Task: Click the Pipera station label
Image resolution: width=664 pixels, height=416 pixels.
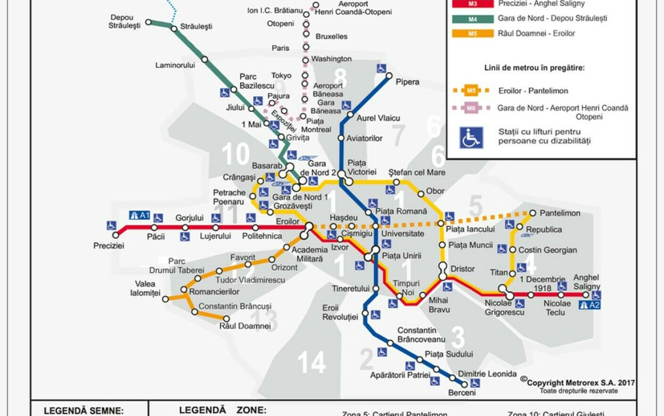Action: point(407,82)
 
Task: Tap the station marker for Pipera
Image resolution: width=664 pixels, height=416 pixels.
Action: point(389,75)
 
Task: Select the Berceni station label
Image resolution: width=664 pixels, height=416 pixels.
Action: point(462,392)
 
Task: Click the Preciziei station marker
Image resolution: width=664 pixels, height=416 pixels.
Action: point(116,235)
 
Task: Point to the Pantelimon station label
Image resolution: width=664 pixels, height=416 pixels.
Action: point(560,213)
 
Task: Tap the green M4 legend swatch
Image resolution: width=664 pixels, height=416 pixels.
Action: point(473,19)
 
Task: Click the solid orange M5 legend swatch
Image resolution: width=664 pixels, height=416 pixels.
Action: point(473,33)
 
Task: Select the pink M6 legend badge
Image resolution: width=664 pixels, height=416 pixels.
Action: point(471,108)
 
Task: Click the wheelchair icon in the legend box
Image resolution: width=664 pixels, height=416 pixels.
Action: point(471,137)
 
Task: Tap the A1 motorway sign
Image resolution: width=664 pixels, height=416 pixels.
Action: point(140,216)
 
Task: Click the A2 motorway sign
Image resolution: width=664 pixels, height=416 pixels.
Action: point(589,305)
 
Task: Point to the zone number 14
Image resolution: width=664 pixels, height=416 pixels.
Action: point(311,362)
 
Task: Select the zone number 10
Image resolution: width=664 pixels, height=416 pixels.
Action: point(235,154)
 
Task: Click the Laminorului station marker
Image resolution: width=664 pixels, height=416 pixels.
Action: point(204,59)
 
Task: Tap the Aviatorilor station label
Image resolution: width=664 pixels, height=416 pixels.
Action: point(364,138)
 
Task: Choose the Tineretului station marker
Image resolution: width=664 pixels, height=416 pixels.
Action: point(376,288)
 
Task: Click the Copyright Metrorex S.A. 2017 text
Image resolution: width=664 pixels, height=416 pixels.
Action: point(580,383)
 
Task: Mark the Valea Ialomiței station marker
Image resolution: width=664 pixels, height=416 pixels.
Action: point(165,299)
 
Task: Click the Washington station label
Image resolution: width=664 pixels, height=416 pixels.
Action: point(331,59)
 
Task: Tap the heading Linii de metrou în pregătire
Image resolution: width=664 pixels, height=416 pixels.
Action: point(534,68)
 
